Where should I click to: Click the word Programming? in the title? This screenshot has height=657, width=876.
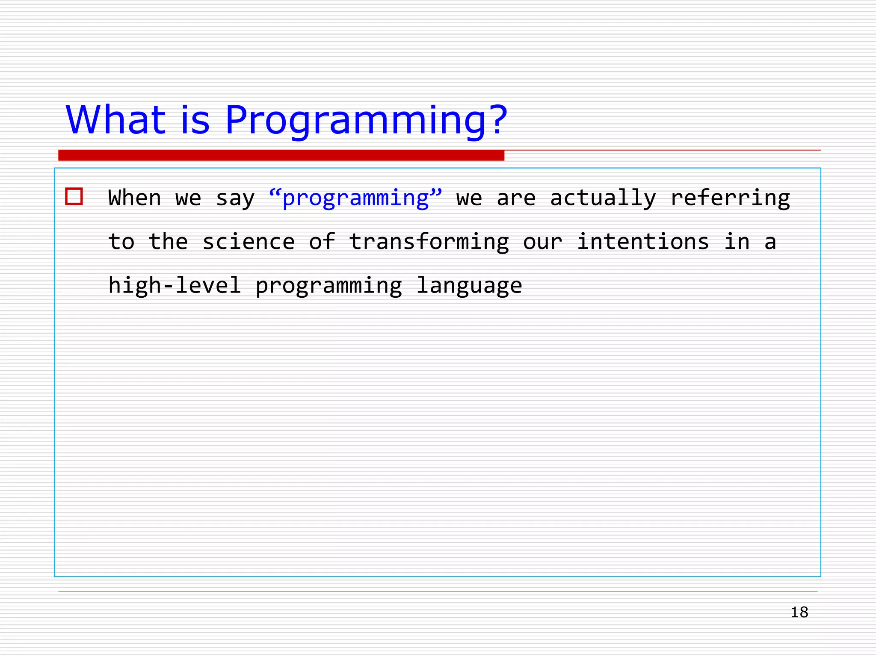pyautogui.click(x=366, y=121)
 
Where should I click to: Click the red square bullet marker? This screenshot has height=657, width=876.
pyautogui.click(x=74, y=197)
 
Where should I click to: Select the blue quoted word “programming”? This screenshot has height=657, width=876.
pyautogui.click(x=355, y=198)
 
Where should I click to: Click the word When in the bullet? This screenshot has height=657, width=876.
pyautogui.click(x=135, y=198)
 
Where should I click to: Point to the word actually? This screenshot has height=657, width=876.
pyautogui.click(x=603, y=198)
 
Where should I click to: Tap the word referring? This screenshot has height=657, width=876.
pyautogui.click(x=730, y=198)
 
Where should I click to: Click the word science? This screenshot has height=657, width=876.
pyautogui.click(x=249, y=242)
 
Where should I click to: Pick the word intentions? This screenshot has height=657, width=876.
pyautogui.click(x=643, y=242)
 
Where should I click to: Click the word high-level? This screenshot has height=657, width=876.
pyautogui.click(x=175, y=286)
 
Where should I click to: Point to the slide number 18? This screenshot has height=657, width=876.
pyautogui.click(x=799, y=613)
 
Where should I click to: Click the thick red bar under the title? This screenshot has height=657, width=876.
pyautogui.click(x=281, y=155)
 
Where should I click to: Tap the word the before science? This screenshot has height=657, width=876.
pyautogui.click(x=168, y=242)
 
